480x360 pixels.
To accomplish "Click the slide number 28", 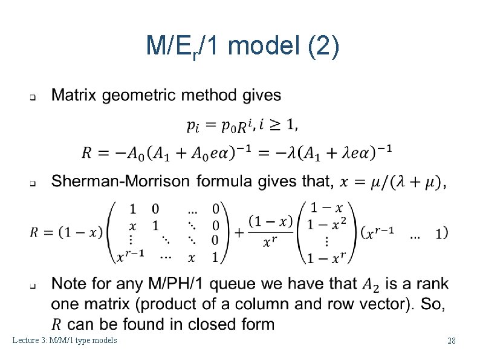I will [451, 341].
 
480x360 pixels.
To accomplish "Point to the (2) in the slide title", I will [323, 47].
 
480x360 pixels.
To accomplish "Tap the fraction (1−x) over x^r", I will [270, 232].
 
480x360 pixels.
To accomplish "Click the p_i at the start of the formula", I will [192, 126].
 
